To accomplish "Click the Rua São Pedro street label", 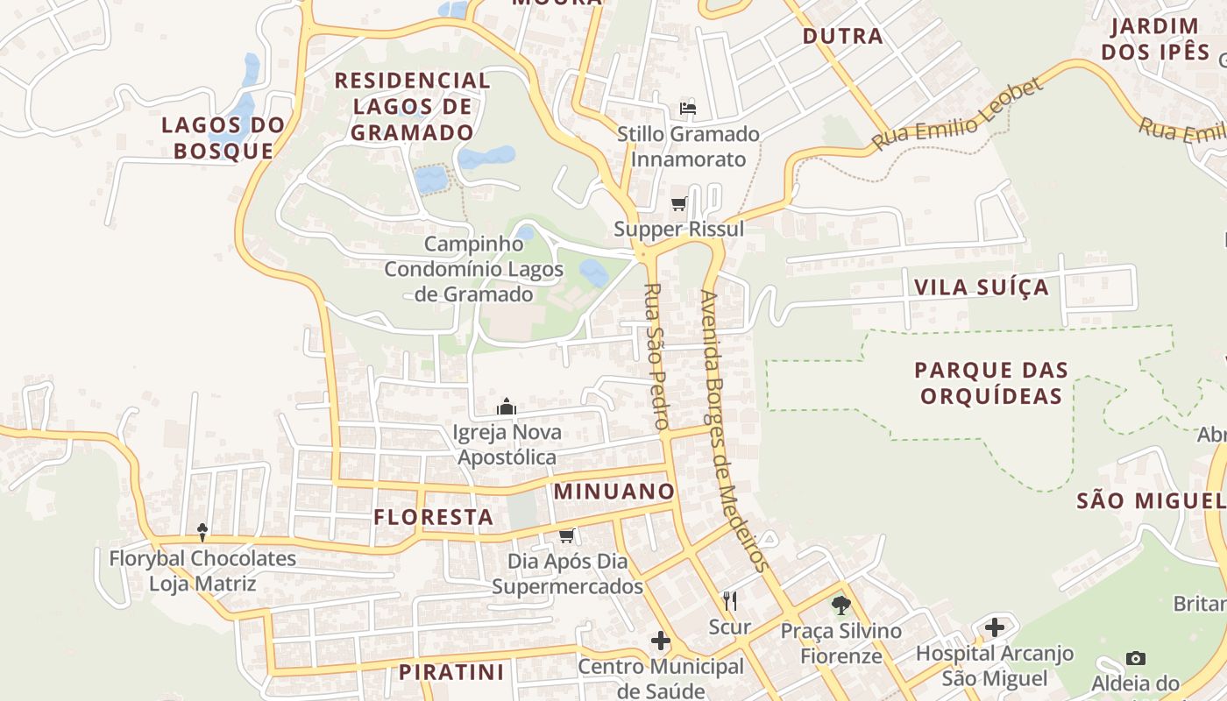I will tap(656, 356).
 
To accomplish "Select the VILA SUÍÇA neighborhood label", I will tap(981, 287).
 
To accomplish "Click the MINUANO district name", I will tap(614, 492).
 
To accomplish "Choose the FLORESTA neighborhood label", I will tap(434, 517).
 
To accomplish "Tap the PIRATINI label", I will tap(451, 672).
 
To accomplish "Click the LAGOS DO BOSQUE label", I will tap(223, 138).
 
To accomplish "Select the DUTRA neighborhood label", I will tap(842, 36).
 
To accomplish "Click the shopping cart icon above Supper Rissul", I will tap(678, 204).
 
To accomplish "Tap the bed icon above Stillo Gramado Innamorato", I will tap(688, 109).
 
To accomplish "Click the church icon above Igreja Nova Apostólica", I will tap(507, 407).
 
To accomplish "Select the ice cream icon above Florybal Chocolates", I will tap(202, 532).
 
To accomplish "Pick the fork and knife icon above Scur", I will tap(729, 601).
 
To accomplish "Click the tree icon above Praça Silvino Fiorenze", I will tap(840, 605).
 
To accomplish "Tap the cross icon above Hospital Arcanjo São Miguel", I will tap(994, 627).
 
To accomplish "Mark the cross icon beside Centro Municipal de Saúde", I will tap(661, 641).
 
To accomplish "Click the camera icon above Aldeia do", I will tap(1135, 658).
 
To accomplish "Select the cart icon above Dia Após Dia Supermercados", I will tap(566, 535).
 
